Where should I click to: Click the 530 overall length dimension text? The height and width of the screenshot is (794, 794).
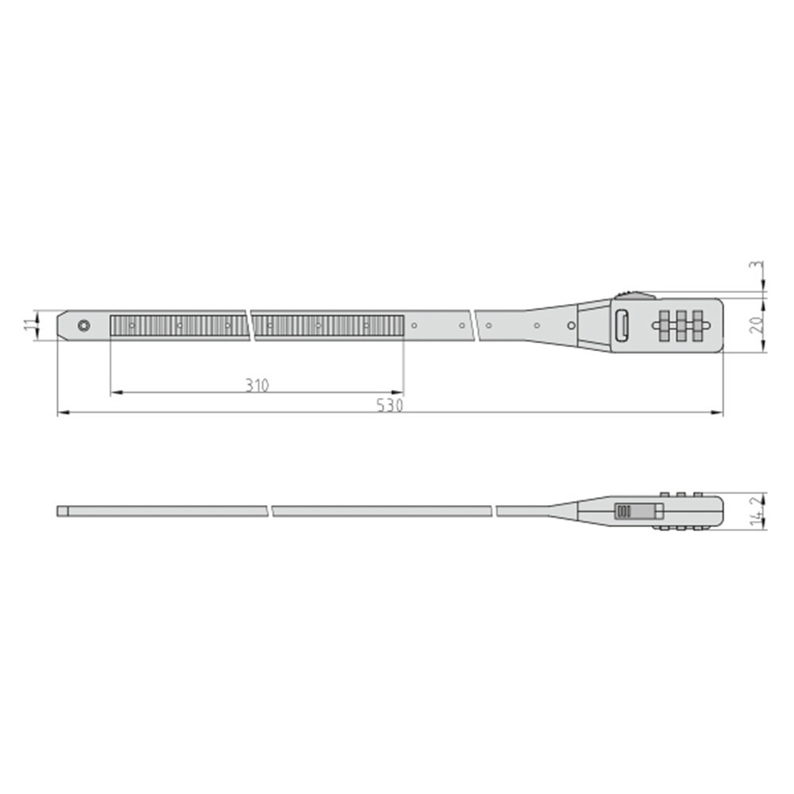389,405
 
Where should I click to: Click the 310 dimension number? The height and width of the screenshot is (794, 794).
258,385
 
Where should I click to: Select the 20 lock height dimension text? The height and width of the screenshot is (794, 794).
756,324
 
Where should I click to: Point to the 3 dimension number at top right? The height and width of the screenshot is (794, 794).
756,266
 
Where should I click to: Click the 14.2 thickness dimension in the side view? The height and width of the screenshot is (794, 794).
757,511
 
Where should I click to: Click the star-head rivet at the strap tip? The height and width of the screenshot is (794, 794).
84,325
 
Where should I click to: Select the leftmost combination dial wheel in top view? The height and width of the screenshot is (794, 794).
665,325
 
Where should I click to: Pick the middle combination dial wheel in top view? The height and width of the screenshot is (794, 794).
681,325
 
